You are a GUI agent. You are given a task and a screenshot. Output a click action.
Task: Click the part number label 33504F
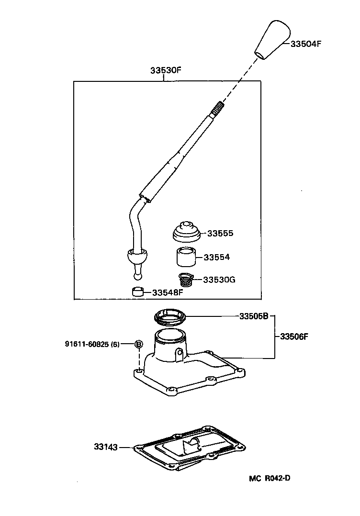click(x=305, y=44)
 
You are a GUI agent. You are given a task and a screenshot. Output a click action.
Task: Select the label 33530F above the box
click(x=166, y=70)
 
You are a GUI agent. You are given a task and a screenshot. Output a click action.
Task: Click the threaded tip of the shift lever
click(x=218, y=108)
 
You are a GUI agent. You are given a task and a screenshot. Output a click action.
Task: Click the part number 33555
click(x=220, y=233)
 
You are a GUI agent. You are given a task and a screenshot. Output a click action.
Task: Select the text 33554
click(x=216, y=257)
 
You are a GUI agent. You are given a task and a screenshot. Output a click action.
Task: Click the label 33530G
click(x=219, y=280)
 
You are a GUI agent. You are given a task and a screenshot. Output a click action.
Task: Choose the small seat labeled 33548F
click(x=138, y=292)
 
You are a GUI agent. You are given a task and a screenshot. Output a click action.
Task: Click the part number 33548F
click(x=167, y=292)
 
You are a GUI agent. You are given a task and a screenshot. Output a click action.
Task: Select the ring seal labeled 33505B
click(x=170, y=316)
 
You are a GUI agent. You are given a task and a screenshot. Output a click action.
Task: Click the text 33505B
click(x=254, y=316)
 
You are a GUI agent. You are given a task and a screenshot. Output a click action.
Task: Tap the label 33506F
click(x=294, y=337)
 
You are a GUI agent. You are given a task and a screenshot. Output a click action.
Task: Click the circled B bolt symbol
click(x=139, y=344)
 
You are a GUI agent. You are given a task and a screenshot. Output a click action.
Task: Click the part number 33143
click(x=106, y=447)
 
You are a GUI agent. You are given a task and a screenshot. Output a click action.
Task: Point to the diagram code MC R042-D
click(x=270, y=479)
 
